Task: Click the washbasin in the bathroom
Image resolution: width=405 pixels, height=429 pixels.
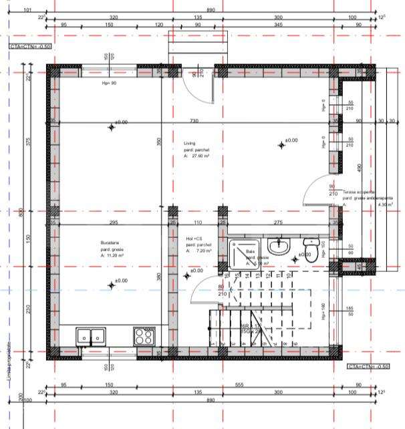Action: click(282, 248)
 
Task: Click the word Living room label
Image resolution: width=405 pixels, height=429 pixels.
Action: click(190, 143)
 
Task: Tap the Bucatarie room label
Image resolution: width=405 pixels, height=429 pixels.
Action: click(91, 243)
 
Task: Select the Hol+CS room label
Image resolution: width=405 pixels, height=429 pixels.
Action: click(194, 239)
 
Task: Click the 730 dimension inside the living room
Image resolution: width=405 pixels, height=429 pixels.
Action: click(194, 120)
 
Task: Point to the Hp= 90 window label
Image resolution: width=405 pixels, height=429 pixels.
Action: click(109, 84)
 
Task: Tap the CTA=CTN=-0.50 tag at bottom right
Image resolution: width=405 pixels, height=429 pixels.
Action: click(368, 367)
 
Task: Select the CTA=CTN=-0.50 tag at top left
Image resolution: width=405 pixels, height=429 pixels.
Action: click(31, 47)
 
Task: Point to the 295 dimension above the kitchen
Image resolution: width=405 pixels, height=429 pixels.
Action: click(113, 223)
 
